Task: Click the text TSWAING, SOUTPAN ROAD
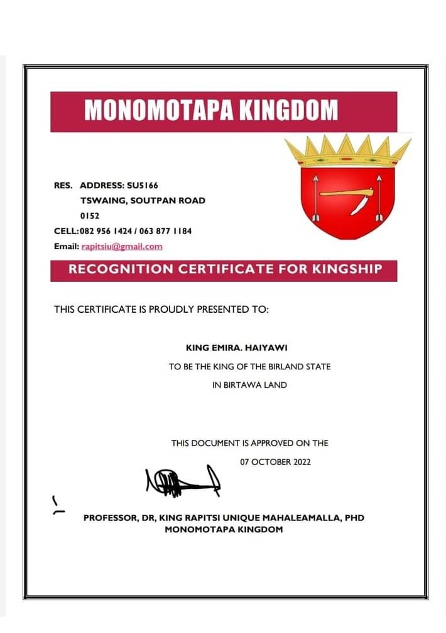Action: click(143, 200)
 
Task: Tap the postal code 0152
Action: click(90, 215)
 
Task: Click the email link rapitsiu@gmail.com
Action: click(122, 246)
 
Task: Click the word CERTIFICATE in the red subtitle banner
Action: click(216, 269)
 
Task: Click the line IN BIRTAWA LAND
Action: click(249, 384)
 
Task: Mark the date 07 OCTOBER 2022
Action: click(275, 462)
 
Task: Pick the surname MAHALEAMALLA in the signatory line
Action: click(301, 518)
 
